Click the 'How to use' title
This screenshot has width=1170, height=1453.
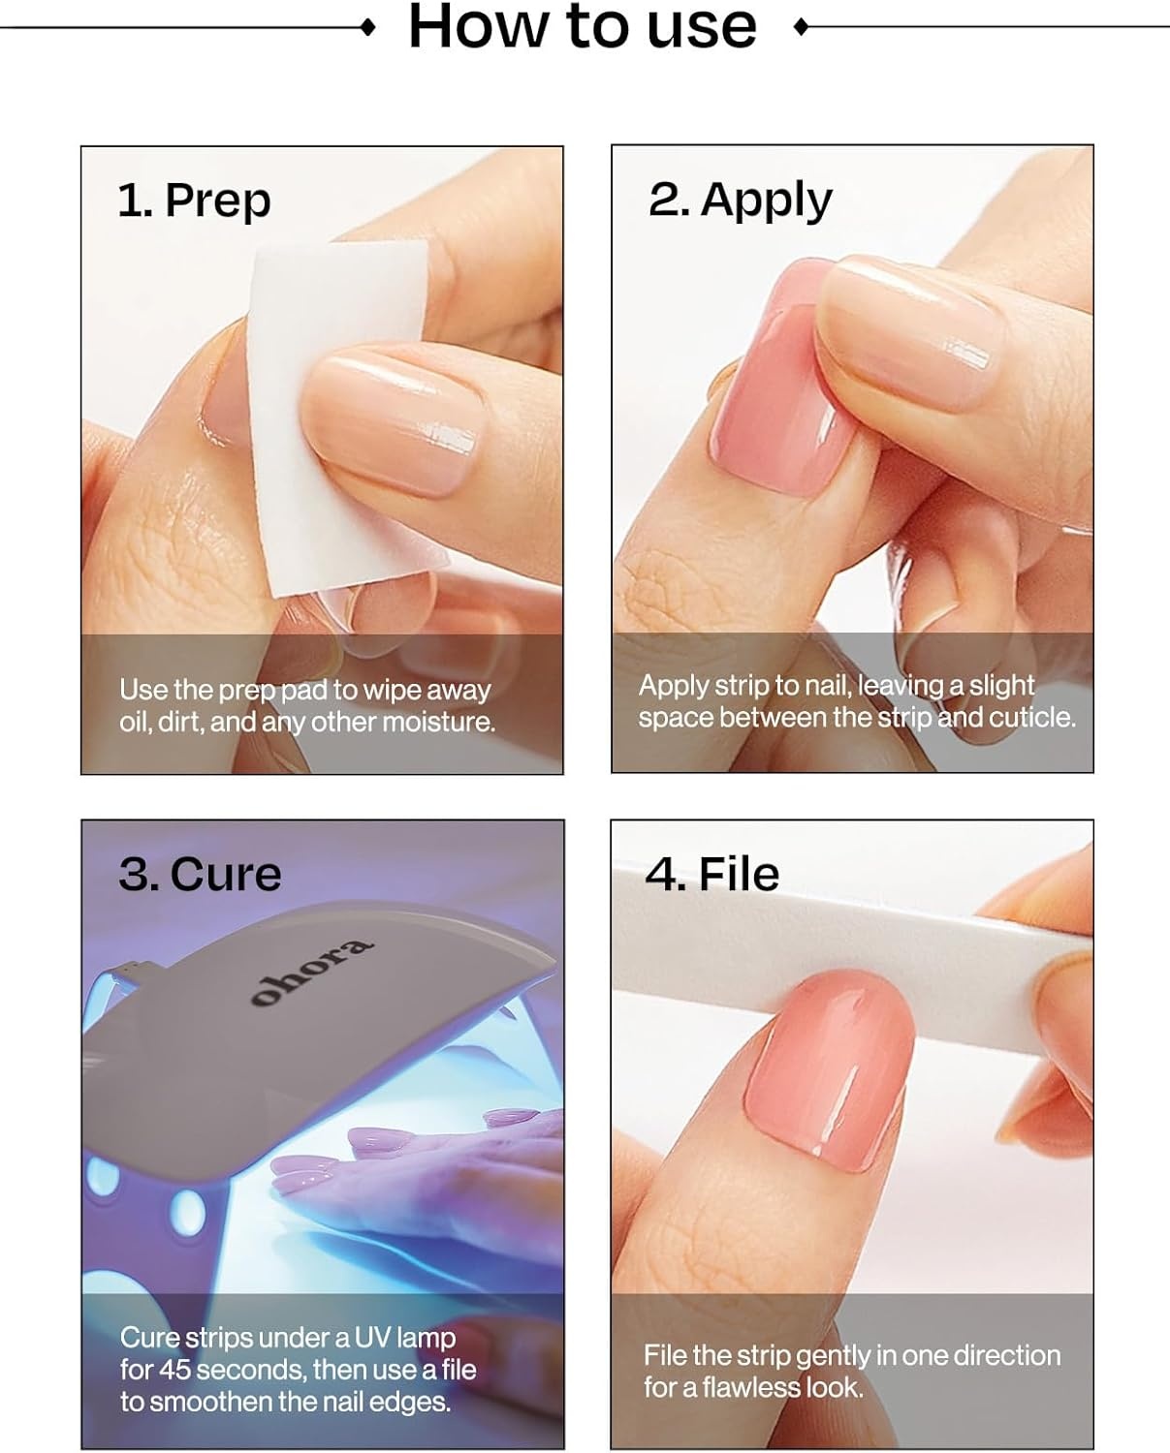point(583,27)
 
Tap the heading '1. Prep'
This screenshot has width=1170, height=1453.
point(194,201)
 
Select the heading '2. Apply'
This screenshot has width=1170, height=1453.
point(741,201)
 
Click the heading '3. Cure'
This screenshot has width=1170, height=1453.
point(200,875)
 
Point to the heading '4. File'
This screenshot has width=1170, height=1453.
point(711,875)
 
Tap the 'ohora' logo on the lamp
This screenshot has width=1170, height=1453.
point(311,972)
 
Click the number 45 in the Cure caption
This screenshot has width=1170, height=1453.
point(175,1370)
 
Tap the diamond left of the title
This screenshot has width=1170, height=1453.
point(368,27)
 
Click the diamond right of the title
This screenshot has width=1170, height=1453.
point(801,27)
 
